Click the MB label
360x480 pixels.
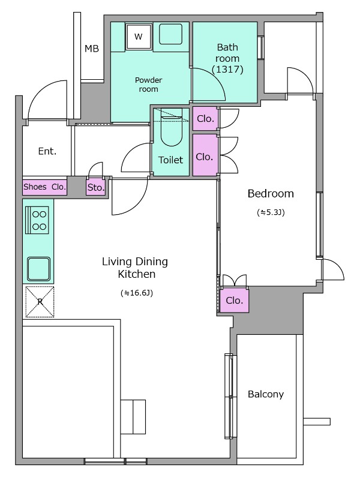click(92, 49)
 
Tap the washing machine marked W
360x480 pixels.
click(139, 37)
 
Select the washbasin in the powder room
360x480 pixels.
click(170, 34)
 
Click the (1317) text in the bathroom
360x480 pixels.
click(227, 70)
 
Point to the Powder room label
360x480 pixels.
click(148, 85)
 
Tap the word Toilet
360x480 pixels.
click(170, 160)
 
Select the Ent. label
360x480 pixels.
click(47, 151)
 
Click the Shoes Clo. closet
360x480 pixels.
click(44, 187)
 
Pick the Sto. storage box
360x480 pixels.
click(96, 187)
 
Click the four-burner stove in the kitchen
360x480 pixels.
click(37, 220)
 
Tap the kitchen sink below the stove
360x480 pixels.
click(38, 269)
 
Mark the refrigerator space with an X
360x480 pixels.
click(40, 302)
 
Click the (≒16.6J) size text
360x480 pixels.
click(137, 293)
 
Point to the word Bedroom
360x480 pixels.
click(271, 193)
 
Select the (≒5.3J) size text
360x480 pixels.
click(271, 212)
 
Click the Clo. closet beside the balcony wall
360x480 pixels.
click(234, 301)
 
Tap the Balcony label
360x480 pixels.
click(266, 394)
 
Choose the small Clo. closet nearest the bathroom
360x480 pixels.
click(205, 118)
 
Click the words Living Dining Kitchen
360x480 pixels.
click(135, 268)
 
